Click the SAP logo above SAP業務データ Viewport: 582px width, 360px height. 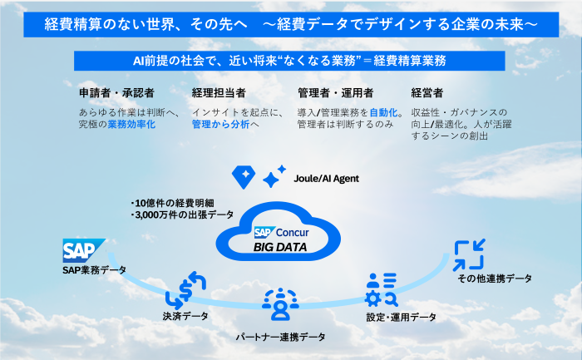click(x=84, y=249)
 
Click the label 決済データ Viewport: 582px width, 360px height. click(x=185, y=316)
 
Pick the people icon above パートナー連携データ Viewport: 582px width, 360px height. click(x=279, y=305)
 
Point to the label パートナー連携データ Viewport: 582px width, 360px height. click(x=279, y=337)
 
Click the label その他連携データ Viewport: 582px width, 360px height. click(x=495, y=278)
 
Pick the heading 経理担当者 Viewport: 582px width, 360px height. click(x=218, y=92)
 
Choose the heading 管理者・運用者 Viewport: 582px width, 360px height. click(x=335, y=92)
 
